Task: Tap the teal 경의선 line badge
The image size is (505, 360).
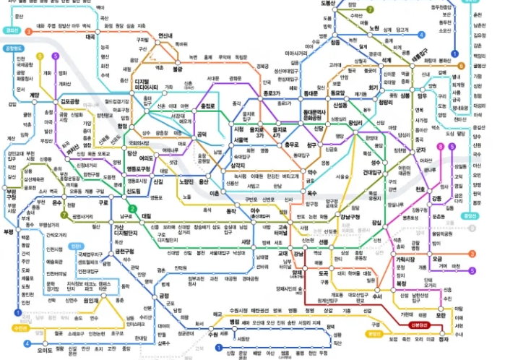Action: (12, 30)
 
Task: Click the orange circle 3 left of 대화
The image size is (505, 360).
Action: (28, 32)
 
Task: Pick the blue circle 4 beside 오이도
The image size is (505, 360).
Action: (27, 343)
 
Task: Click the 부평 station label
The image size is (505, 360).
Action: (9, 231)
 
